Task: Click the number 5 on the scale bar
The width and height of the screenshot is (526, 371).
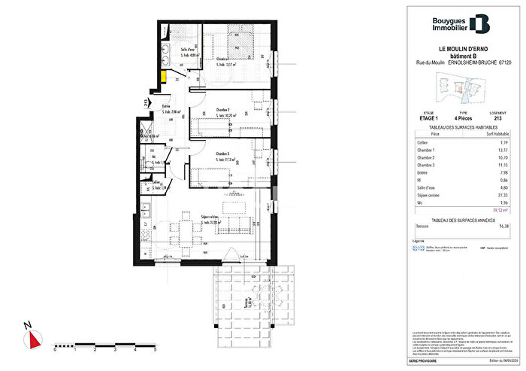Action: click(154, 350)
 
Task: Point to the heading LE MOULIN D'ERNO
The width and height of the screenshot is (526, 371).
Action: click(459, 50)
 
